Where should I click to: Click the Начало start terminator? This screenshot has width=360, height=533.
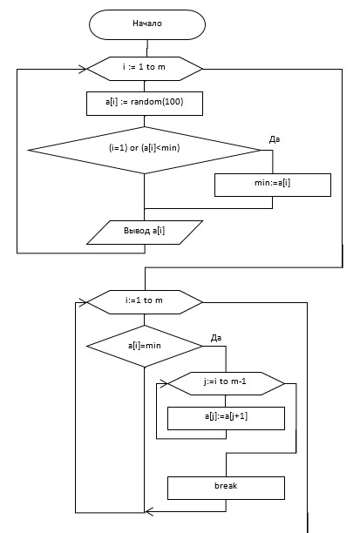[147, 24]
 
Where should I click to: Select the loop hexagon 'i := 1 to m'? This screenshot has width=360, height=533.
[145, 69]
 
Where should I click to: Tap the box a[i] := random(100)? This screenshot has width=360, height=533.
[145, 104]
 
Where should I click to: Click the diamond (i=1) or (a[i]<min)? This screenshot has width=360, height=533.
[145, 150]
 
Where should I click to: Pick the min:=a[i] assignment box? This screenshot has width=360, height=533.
[273, 185]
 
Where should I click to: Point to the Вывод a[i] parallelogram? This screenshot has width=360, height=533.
[145, 233]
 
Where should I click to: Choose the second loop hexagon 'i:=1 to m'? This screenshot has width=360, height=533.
[145, 302]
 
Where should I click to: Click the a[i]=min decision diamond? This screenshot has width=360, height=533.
[145, 346]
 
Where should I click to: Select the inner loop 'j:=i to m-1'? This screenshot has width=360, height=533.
[226, 383]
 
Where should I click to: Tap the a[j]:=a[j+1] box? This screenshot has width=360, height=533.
[226, 418]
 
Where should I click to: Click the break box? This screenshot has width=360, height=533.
[226, 488]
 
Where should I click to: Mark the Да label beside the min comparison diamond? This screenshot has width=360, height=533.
[275, 139]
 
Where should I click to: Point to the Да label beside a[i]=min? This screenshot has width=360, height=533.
[216, 338]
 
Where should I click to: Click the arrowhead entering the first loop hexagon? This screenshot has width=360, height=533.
[83, 69]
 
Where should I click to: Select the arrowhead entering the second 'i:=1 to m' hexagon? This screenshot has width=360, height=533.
[83, 302]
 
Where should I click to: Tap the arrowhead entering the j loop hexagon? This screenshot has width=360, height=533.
[164, 384]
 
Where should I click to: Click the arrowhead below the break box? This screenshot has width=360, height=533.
[149, 511]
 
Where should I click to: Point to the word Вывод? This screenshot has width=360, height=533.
[137, 231]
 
